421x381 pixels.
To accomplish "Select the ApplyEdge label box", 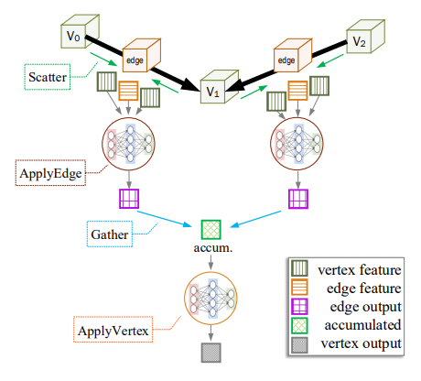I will [x=51, y=172].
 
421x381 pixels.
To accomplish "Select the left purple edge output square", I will [x=129, y=199].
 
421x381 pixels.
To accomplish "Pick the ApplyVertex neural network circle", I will [x=212, y=299].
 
